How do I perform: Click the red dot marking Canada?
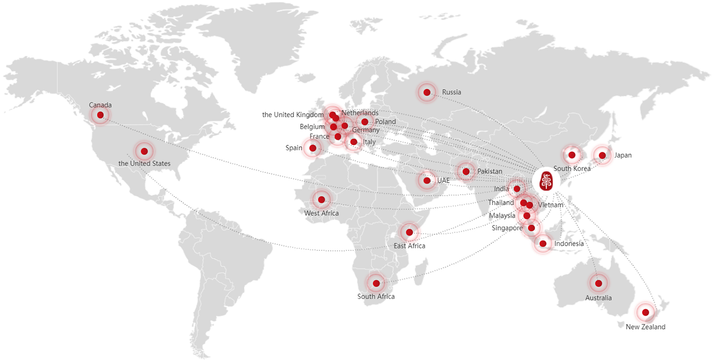100,115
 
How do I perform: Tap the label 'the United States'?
144,164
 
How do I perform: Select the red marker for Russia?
427,92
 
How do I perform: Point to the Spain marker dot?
313,148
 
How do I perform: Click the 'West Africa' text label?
322,213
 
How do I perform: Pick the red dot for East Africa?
409,232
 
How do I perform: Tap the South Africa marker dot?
376,283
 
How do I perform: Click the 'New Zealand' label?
645,327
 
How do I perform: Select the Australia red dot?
599,283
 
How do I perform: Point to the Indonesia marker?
543,243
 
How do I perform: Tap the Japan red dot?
602,156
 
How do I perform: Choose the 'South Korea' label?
572,169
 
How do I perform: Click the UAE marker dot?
427,180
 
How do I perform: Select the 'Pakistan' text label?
489,171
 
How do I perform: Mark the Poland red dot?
365,122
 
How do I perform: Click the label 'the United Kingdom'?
292,115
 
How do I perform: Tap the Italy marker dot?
354,142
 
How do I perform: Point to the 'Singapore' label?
507,228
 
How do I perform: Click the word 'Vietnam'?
551,205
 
